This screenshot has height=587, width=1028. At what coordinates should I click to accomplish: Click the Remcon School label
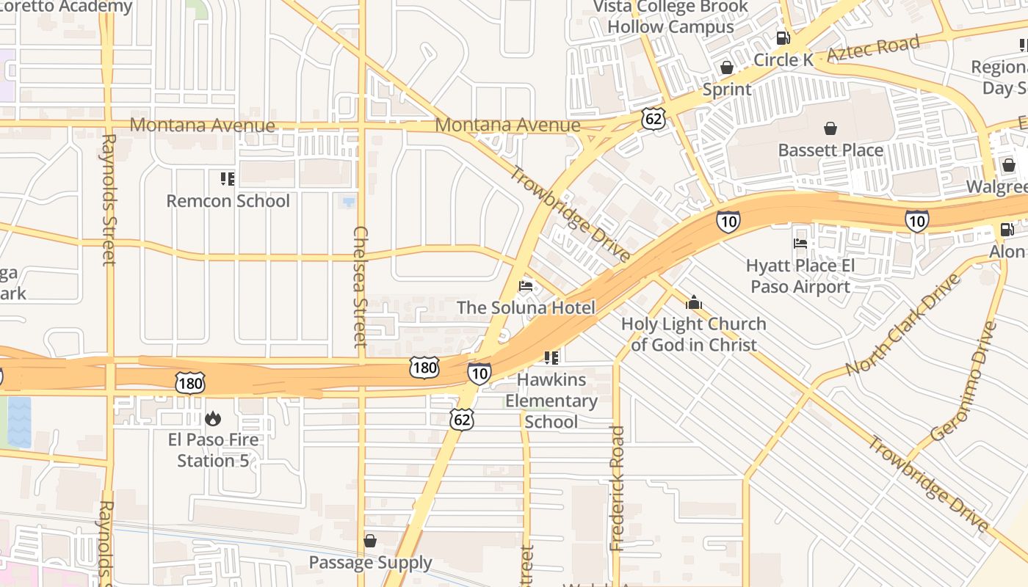coord(228,201)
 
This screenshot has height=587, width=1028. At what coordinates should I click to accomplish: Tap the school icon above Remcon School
coord(227,179)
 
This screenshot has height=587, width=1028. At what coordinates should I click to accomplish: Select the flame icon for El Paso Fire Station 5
coord(213,418)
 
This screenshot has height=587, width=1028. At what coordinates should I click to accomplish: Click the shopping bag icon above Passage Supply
coord(370,541)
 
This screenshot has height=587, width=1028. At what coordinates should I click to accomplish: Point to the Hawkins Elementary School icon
coord(551,358)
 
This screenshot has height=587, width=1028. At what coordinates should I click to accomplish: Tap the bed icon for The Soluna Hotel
coord(526,285)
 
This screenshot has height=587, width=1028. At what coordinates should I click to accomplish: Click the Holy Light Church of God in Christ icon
coord(693,302)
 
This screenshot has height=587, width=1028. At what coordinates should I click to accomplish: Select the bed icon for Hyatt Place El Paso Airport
coord(800,243)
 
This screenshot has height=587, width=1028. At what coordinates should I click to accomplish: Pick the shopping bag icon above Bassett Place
coord(830,128)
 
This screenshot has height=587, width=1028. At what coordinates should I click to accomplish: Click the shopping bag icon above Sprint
coord(727,68)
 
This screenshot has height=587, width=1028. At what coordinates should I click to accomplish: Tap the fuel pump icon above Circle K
coord(783,38)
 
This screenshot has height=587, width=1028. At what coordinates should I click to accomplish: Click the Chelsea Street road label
coord(360,286)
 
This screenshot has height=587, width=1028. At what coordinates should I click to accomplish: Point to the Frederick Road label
coord(618,488)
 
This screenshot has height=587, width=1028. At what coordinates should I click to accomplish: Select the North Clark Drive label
coord(902,325)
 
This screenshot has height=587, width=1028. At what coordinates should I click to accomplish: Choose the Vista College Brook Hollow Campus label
coord(671,17)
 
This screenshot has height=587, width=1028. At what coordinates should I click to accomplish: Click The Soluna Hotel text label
coord(526,307)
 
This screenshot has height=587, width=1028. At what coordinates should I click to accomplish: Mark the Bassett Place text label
coord(830,150)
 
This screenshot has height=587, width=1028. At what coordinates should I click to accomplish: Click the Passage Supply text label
coord(370,563)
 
